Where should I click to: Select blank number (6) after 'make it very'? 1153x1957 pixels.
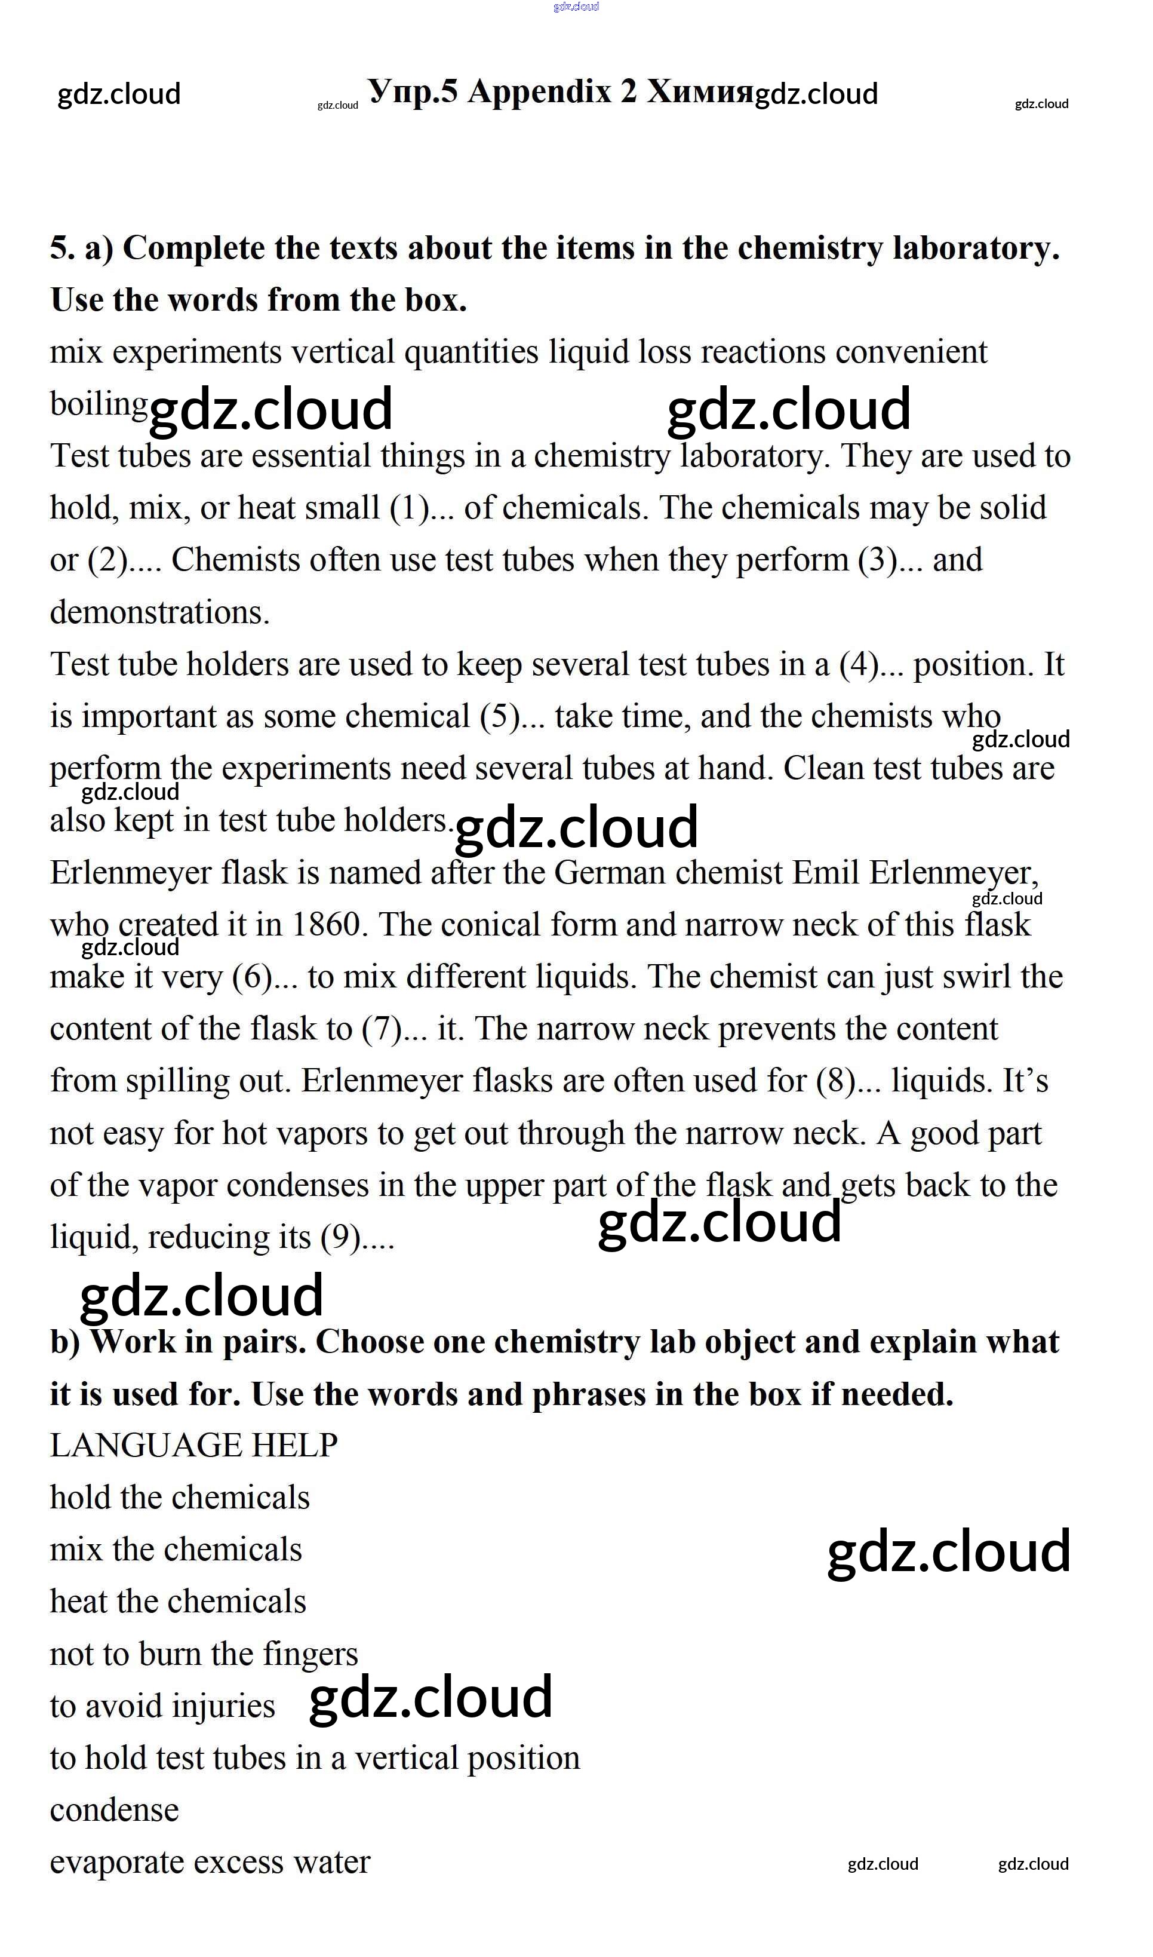coord(253,977)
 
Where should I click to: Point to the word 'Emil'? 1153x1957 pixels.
coord(825,873)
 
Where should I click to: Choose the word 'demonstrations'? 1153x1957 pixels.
coord(159,612)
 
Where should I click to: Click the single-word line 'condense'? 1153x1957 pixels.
coord(114,1810)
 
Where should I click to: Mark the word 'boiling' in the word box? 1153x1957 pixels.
coord(99,404)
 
